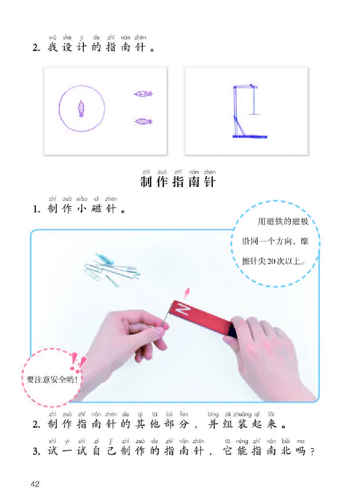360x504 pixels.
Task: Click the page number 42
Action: click(35, 484)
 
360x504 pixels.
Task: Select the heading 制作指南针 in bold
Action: click(178, 182)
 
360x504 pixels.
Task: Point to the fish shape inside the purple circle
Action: click(81, 108)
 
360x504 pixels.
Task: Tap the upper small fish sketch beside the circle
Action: click(143, 94)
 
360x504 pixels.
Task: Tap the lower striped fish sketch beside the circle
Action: click(143, 121)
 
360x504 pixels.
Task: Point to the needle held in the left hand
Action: click(165, 321)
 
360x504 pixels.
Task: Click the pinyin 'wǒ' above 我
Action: click(52, 37)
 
